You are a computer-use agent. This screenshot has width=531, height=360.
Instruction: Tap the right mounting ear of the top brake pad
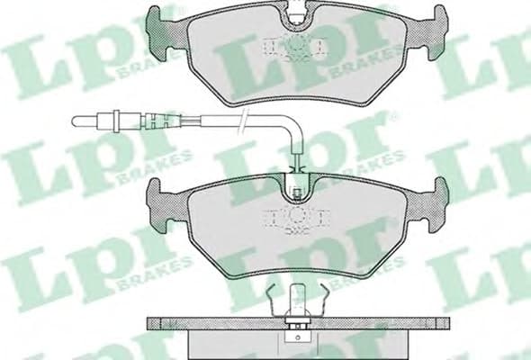(x=438, y=27)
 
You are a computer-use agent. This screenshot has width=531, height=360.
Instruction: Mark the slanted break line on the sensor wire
(x=244, y=121)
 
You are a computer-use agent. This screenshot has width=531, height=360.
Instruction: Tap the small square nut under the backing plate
(x=295, y=335)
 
